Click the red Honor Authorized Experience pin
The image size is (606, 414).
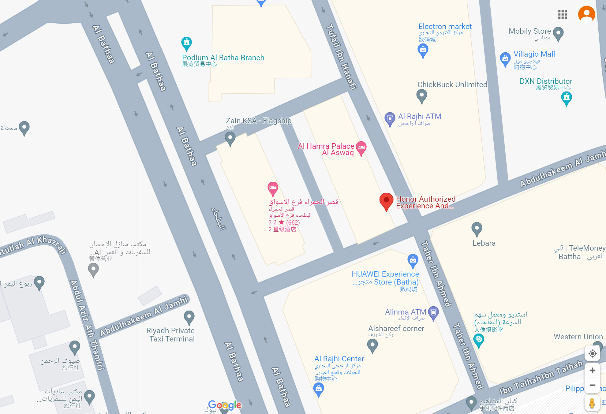(386, 201)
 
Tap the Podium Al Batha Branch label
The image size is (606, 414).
(223, 58)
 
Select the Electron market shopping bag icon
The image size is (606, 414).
(423, 49)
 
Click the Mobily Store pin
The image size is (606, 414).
(558, 33)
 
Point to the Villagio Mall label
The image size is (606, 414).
(534, 54)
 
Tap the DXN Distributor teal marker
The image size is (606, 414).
(567, 98)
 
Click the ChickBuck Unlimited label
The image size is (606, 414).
(452, 85)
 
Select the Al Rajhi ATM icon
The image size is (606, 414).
(390, 118)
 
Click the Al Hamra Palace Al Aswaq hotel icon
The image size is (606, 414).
(361, 147)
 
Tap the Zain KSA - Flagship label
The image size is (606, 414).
(258, 121)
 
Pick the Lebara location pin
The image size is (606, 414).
(477, 228)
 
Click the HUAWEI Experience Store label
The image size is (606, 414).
(385, 278)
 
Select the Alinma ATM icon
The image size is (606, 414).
(433, 312)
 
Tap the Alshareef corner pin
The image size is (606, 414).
(372, 345)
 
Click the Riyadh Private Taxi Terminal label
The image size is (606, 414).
(171, 335)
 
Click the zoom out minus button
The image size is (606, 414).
(592, 386)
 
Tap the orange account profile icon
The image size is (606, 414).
(586, 14)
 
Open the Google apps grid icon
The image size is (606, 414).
(562, 14)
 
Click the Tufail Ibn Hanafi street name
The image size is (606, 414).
(341, 57)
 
